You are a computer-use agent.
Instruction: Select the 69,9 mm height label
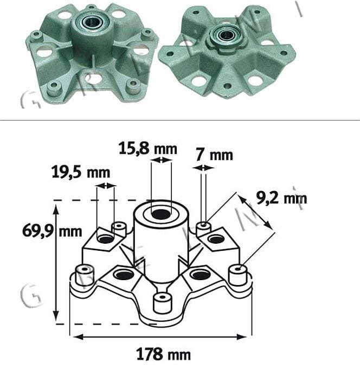coord(52,231)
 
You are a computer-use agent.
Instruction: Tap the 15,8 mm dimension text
coord(147,148)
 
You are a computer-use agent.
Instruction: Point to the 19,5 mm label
coord(80,173)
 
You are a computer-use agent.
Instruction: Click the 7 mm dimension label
coord(214,155)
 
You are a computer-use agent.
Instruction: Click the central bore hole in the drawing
coord(161,214)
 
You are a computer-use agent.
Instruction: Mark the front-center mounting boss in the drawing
coord(162,302)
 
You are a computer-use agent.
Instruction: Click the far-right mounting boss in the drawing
coord(237,274)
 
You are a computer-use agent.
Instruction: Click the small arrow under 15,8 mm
coord(161,160)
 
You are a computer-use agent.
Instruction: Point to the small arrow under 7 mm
coord(204,169)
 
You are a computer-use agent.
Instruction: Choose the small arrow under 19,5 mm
coord(106,186)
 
